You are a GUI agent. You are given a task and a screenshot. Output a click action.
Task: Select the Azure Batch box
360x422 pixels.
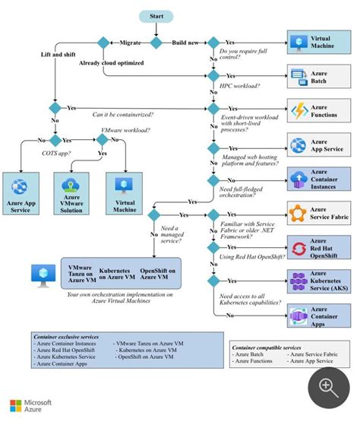click(x=318, y=75)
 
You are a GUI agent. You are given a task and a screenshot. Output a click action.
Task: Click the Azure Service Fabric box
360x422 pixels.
click(x=318, y=214)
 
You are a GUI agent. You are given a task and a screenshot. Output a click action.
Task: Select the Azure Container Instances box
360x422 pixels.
click(x=318, y=179)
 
